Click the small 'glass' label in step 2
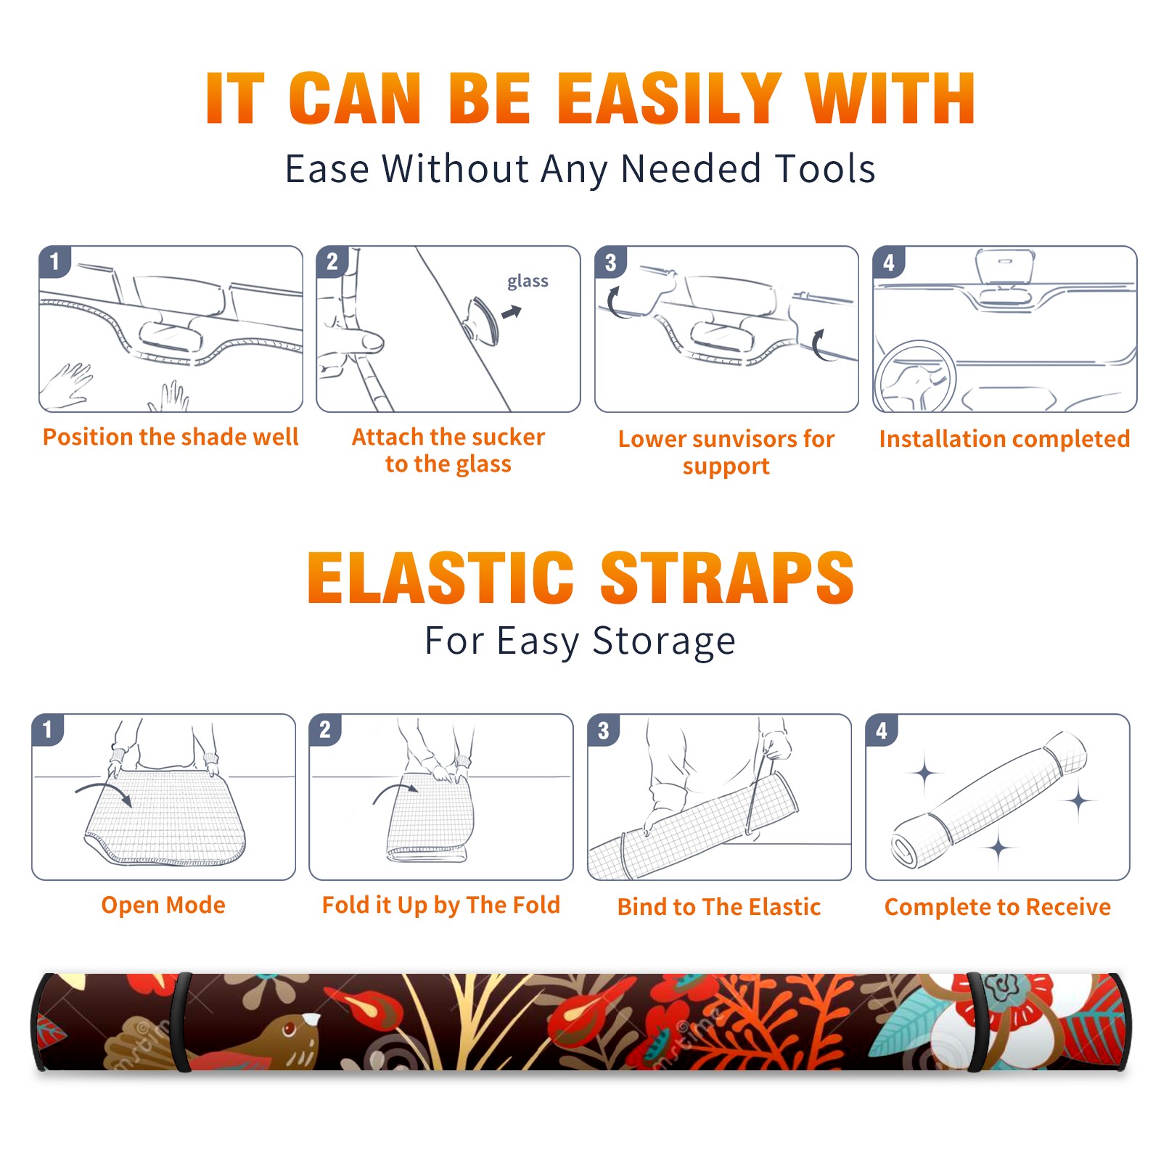[528, 282]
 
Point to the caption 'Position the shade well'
[171, 437]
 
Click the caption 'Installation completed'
[1004, 438]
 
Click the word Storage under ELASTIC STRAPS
[664, 641]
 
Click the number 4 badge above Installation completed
[889, 262]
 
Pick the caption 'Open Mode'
[163, 905]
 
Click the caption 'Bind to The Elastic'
[719, 907]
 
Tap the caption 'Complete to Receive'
[998, 907]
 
